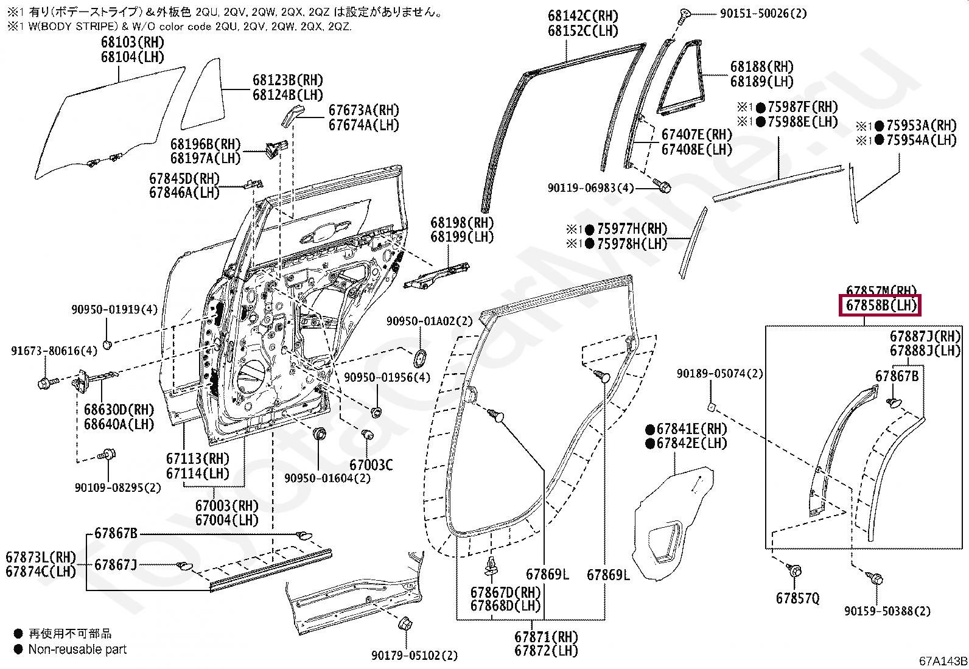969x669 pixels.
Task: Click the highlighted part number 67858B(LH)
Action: (x=880, y=306)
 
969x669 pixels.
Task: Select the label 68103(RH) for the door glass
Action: (x=133, y=43)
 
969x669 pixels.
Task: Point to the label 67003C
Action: (x=371, y=465)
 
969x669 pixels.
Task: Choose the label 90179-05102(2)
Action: (x=414, y=656)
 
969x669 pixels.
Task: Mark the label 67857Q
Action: (x=797, y=598)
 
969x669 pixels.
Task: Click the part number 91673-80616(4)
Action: (x=54, y=351)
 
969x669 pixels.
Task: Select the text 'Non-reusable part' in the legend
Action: (x=77, y=650)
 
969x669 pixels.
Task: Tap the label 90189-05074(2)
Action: (x=719, y=373)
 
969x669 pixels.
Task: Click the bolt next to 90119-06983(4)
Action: (x=662, y=183)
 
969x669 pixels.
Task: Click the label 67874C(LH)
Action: (x=41, y=572)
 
